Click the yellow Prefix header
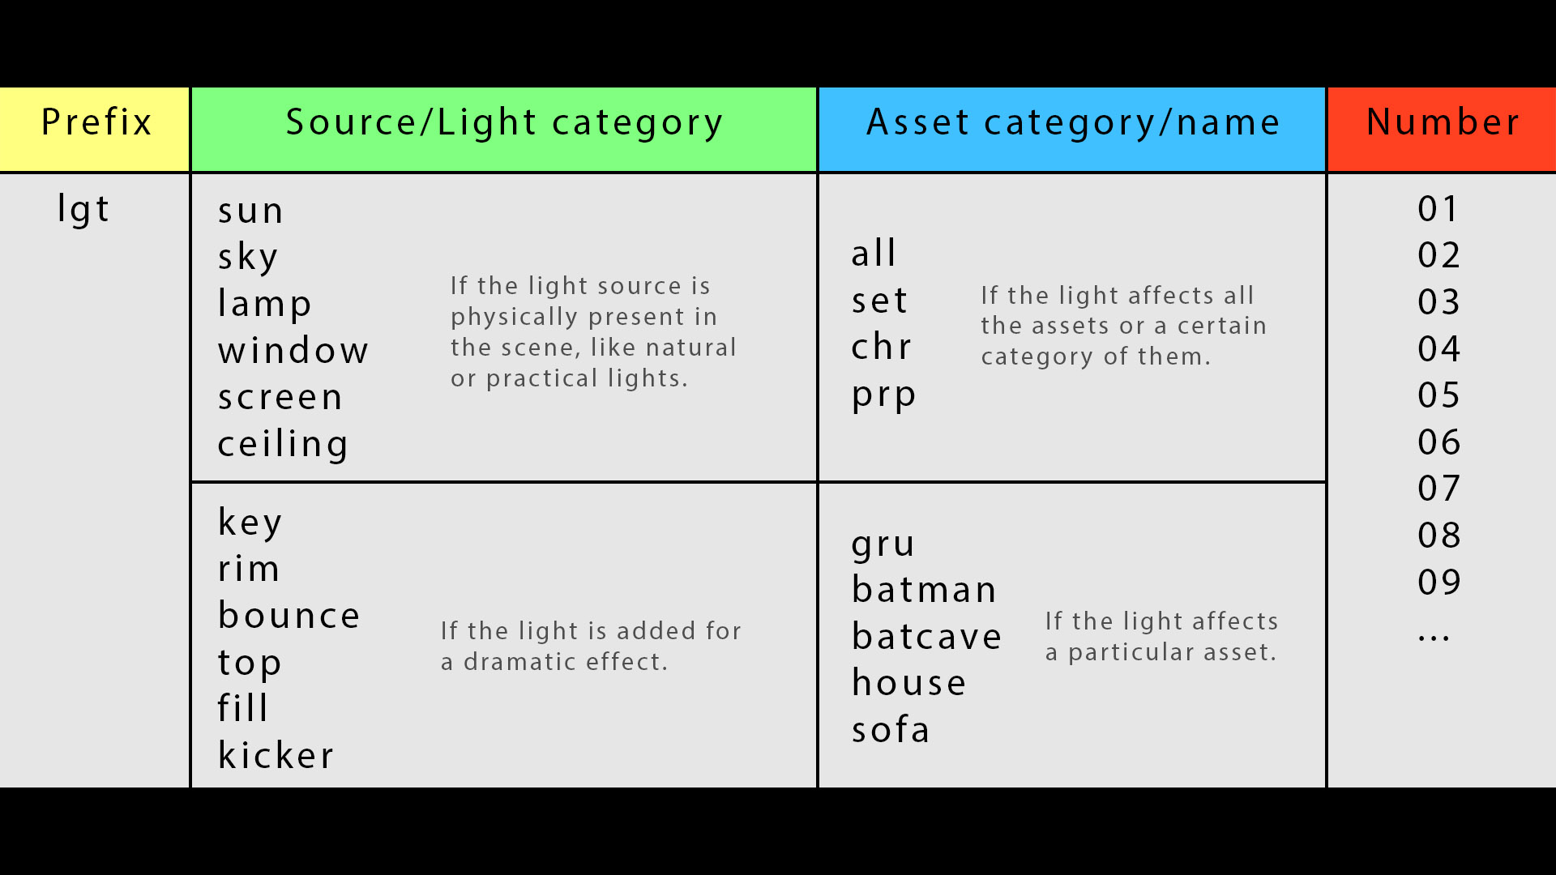pyautogui.click(x=94, y=129)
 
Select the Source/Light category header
pyautogui.click(x=504, y=129)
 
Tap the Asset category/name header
pyautogui.click(x=1072, y=129)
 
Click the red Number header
pyautogui.click(x=1442, y=129)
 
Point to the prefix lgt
pyautogui.click(x=83, y=210)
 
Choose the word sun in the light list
pyautogui.click(x=250, y=212)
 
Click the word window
pyautogui.click(x=293, y=350)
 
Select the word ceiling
pyautogui.click(x=283, y=444)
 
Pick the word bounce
pyautogui.click(x=289, y=615)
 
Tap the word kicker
pyautogui.click(x=276, y=755)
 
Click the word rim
pyautogui.click(x=249, y=569)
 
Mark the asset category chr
pyautogui.click(x=881, y=347)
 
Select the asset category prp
pyautogui.click(x=883, y=396)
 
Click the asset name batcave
pyautogui.click(x=926, y=636)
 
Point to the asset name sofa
pyautogui.click(x=890, y=729)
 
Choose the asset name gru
pyautogui.click(x=883, y=545)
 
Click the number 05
pyautogui.click(x=1438, y=395)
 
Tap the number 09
pyautogui.click(x=1438, y=582)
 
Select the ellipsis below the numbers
pyautogui.click(x=1434, y=638)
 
